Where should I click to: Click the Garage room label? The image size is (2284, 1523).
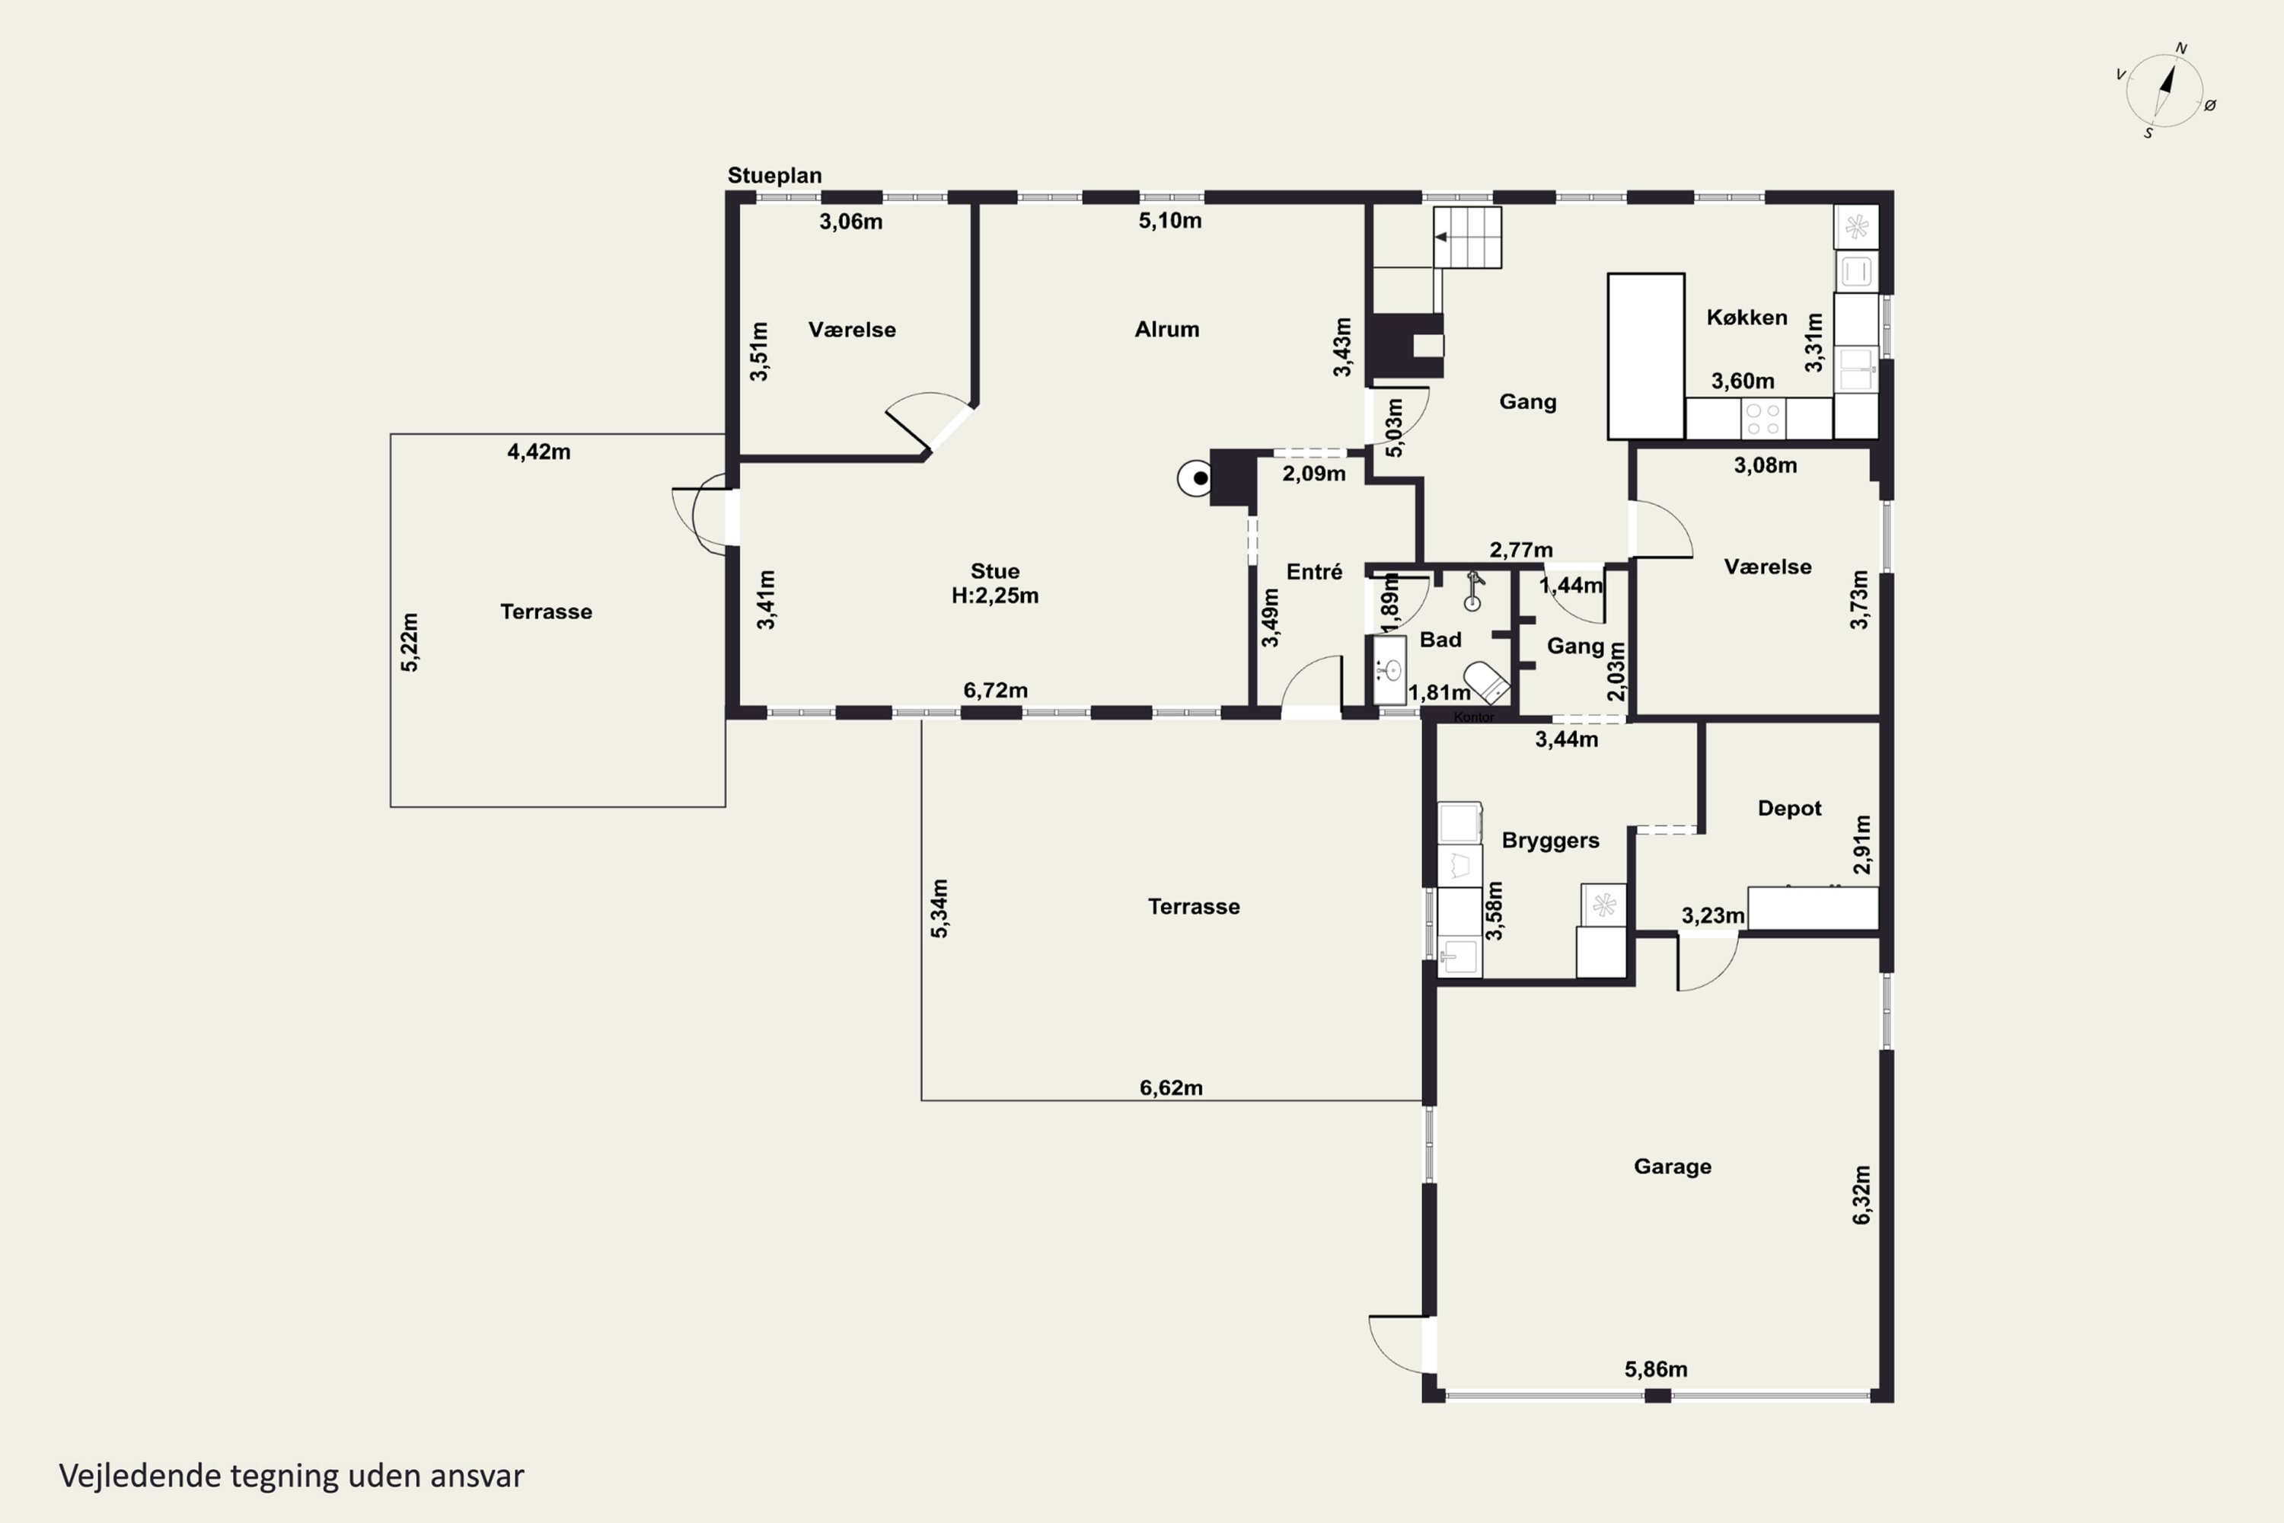click(x=1672, y=1166)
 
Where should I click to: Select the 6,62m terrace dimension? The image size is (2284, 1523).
click(x=1171, y=1088)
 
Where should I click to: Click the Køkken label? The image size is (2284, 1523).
click(x=1747, y=317)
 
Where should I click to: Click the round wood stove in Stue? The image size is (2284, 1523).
click(x=1195, y=478)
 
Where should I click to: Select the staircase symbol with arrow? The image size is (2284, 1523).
click(x=1467, y=237)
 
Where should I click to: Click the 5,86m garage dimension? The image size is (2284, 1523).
click(x=1656, y=1369)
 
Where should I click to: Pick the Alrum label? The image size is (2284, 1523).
click(x=1167, y=329)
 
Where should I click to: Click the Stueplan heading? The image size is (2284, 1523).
click(x=775, y=176)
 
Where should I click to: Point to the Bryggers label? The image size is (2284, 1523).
click(x=1550, y=840)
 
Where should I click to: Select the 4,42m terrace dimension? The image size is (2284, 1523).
click(x=539, y=452)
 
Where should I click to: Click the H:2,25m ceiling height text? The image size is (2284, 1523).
click(x=995, y=595)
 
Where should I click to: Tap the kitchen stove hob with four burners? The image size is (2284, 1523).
click(x=1762, y=419)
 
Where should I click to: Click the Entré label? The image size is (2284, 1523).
click(x=1315, y=572)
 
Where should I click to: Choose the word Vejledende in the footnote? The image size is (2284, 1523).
click(x=140, y=1477)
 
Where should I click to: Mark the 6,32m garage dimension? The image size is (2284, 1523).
click(x=1861, y=1195)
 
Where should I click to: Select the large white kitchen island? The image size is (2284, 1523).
click(x=1646, y=356)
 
